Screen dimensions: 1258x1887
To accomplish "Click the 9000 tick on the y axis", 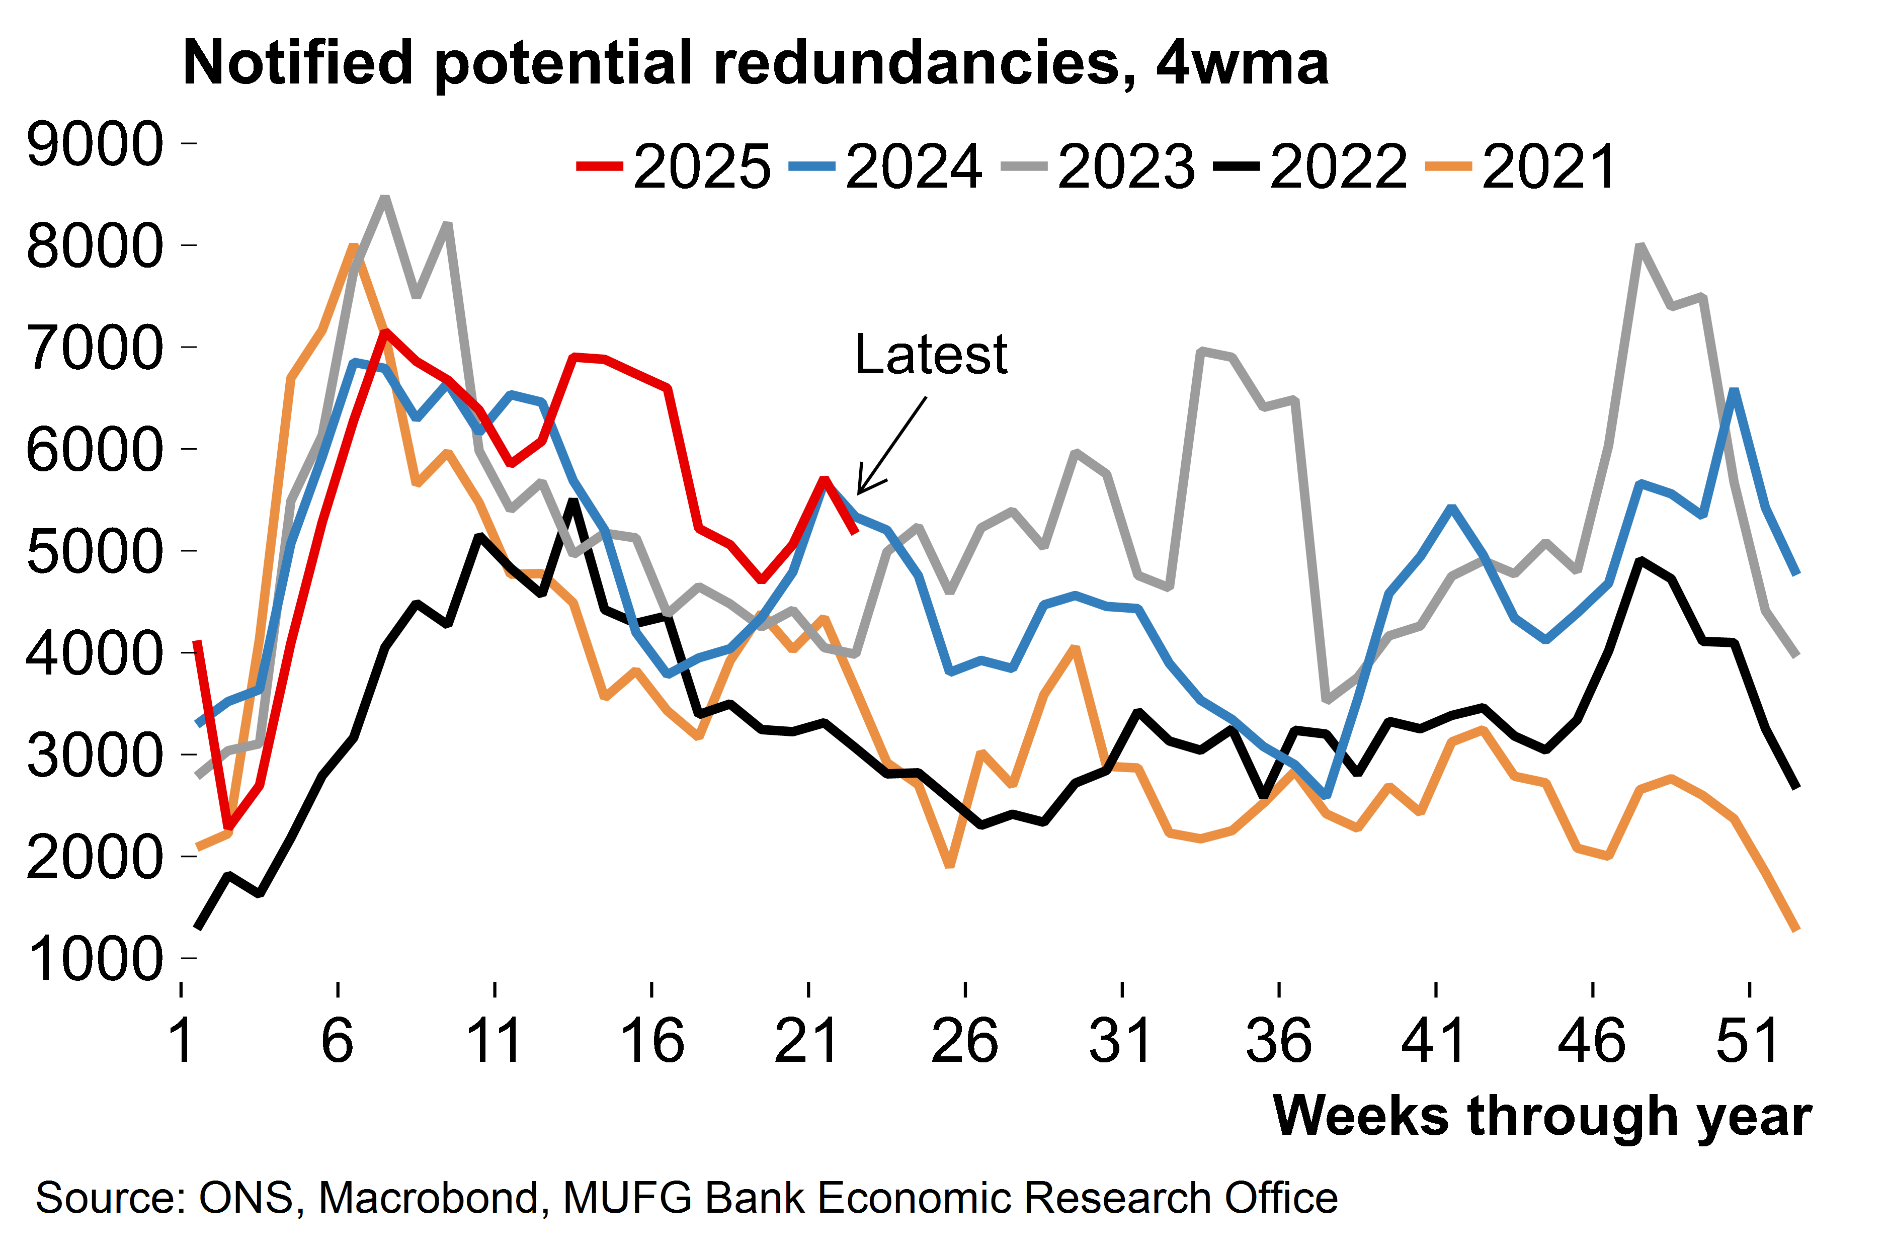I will click(x=95, y=144).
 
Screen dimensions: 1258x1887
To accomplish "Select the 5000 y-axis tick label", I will click(x=95, y=552).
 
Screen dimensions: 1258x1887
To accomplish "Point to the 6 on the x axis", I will click(x=338, y=1041).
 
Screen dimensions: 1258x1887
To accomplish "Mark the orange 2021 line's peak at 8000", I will click(x=354, y=246).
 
